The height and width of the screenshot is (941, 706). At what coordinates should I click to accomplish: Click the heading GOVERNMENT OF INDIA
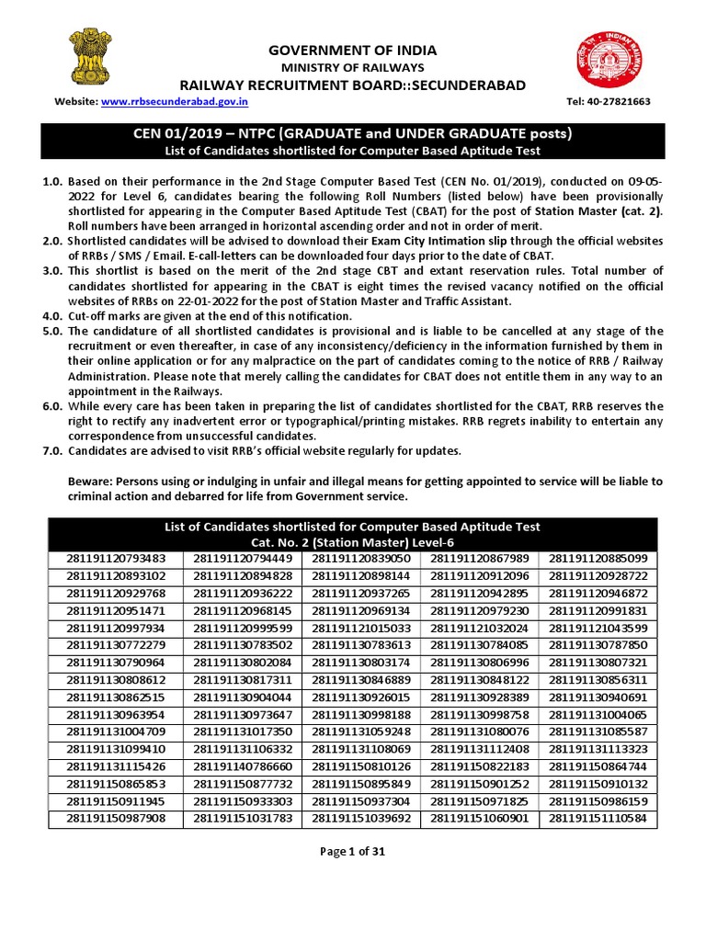352,50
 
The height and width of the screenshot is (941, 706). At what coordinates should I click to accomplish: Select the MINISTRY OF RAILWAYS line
352,68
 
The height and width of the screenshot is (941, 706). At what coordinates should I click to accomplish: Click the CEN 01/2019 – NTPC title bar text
352,134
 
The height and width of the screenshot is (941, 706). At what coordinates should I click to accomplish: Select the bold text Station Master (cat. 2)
602,213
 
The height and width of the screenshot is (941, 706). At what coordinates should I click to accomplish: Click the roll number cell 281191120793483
116,558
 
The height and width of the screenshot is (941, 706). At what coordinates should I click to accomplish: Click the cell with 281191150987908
116,818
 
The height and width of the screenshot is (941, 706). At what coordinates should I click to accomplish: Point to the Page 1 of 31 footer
352,851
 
